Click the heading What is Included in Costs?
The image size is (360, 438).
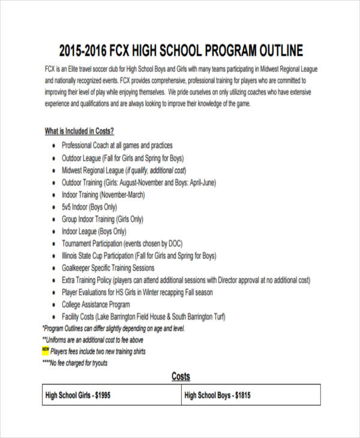pos(79,131)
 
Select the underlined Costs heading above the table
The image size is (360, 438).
pos(181,376)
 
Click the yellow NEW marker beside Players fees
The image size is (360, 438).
pos(46,349)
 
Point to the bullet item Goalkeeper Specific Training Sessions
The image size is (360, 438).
pos(109,268)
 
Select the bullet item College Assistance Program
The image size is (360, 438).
pos(97,305)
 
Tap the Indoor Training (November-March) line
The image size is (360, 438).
pos(103,194)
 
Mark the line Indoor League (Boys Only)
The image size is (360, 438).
pos(94,231)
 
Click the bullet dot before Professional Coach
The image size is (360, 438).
pos(53,145)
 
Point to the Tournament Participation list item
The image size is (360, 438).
pos(122,244)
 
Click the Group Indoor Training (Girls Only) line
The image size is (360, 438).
pos(106,219)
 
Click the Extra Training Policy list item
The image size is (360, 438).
pos(186,280)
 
